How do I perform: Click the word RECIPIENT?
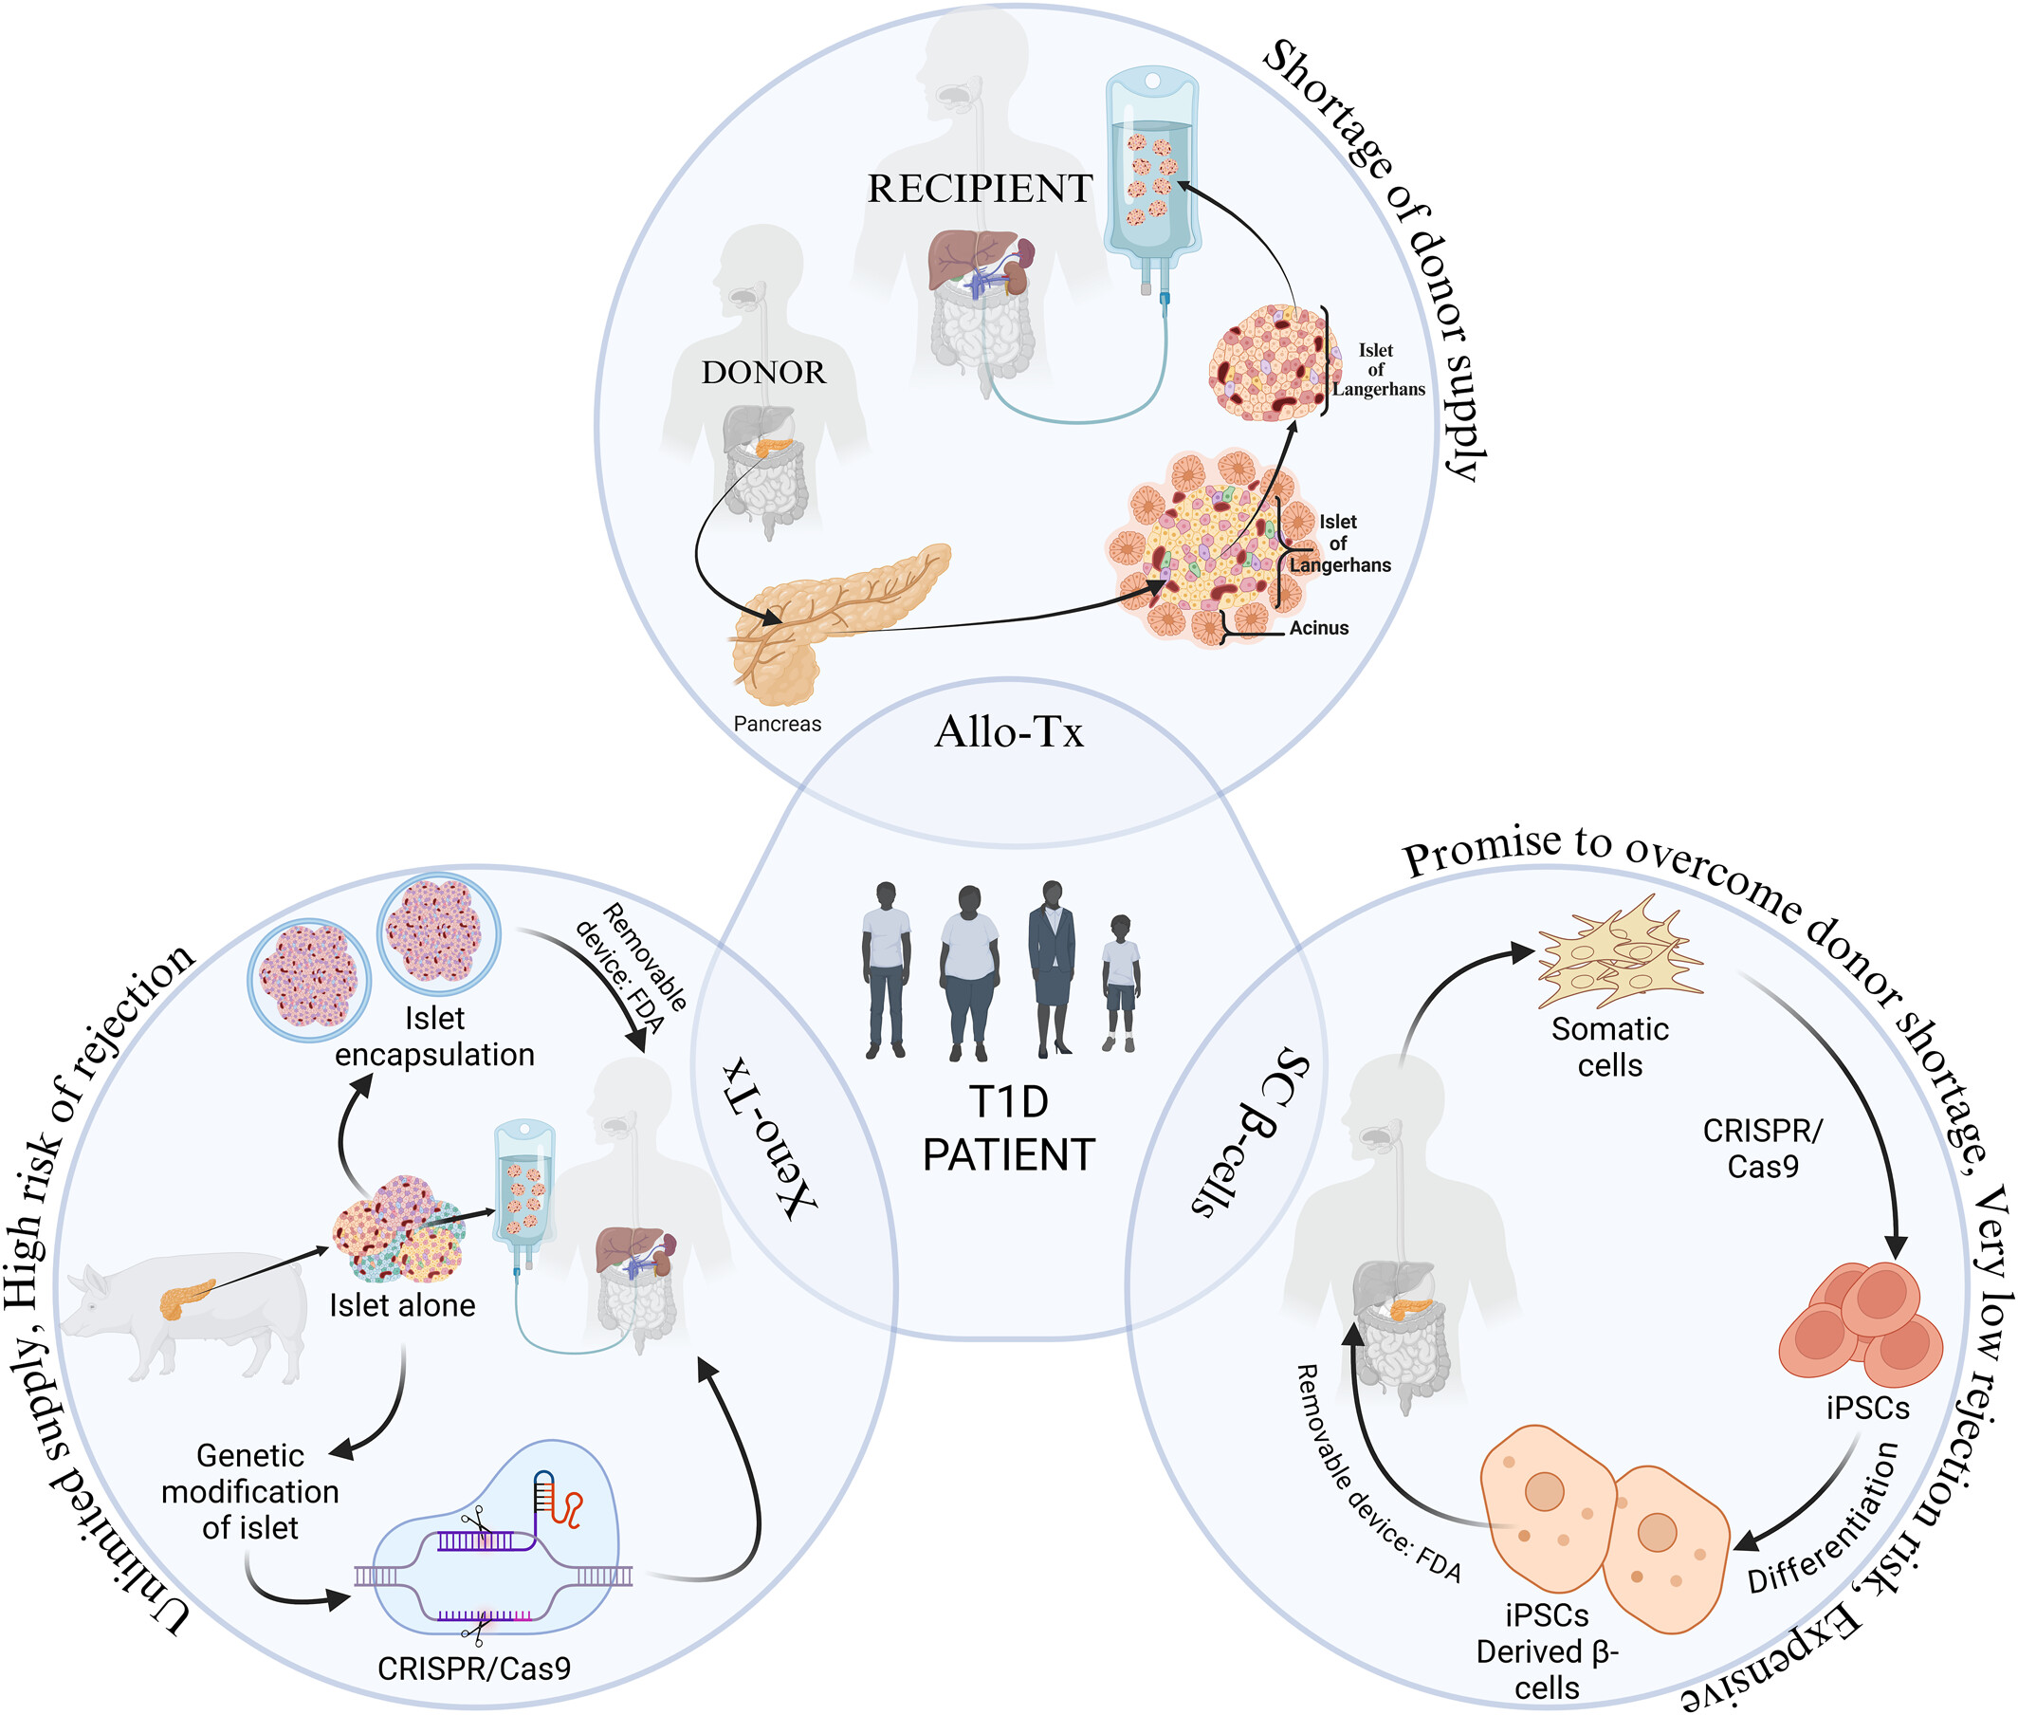point(979,189)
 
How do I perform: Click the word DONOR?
point(763,373)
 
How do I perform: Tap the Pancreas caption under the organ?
point(777,724)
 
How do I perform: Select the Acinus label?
point(1318,628)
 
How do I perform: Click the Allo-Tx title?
point(1008,732)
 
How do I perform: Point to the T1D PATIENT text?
point(1008,1129)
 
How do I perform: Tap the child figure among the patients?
point(1120,982)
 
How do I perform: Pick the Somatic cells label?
point(1608,1047)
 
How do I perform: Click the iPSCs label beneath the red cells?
point(1866,1408)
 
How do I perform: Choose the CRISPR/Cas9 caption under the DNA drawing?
point(473,1669)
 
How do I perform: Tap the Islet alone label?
point(401,1304)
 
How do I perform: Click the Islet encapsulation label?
point(434,1037)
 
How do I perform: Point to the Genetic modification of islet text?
point(249,1491)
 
